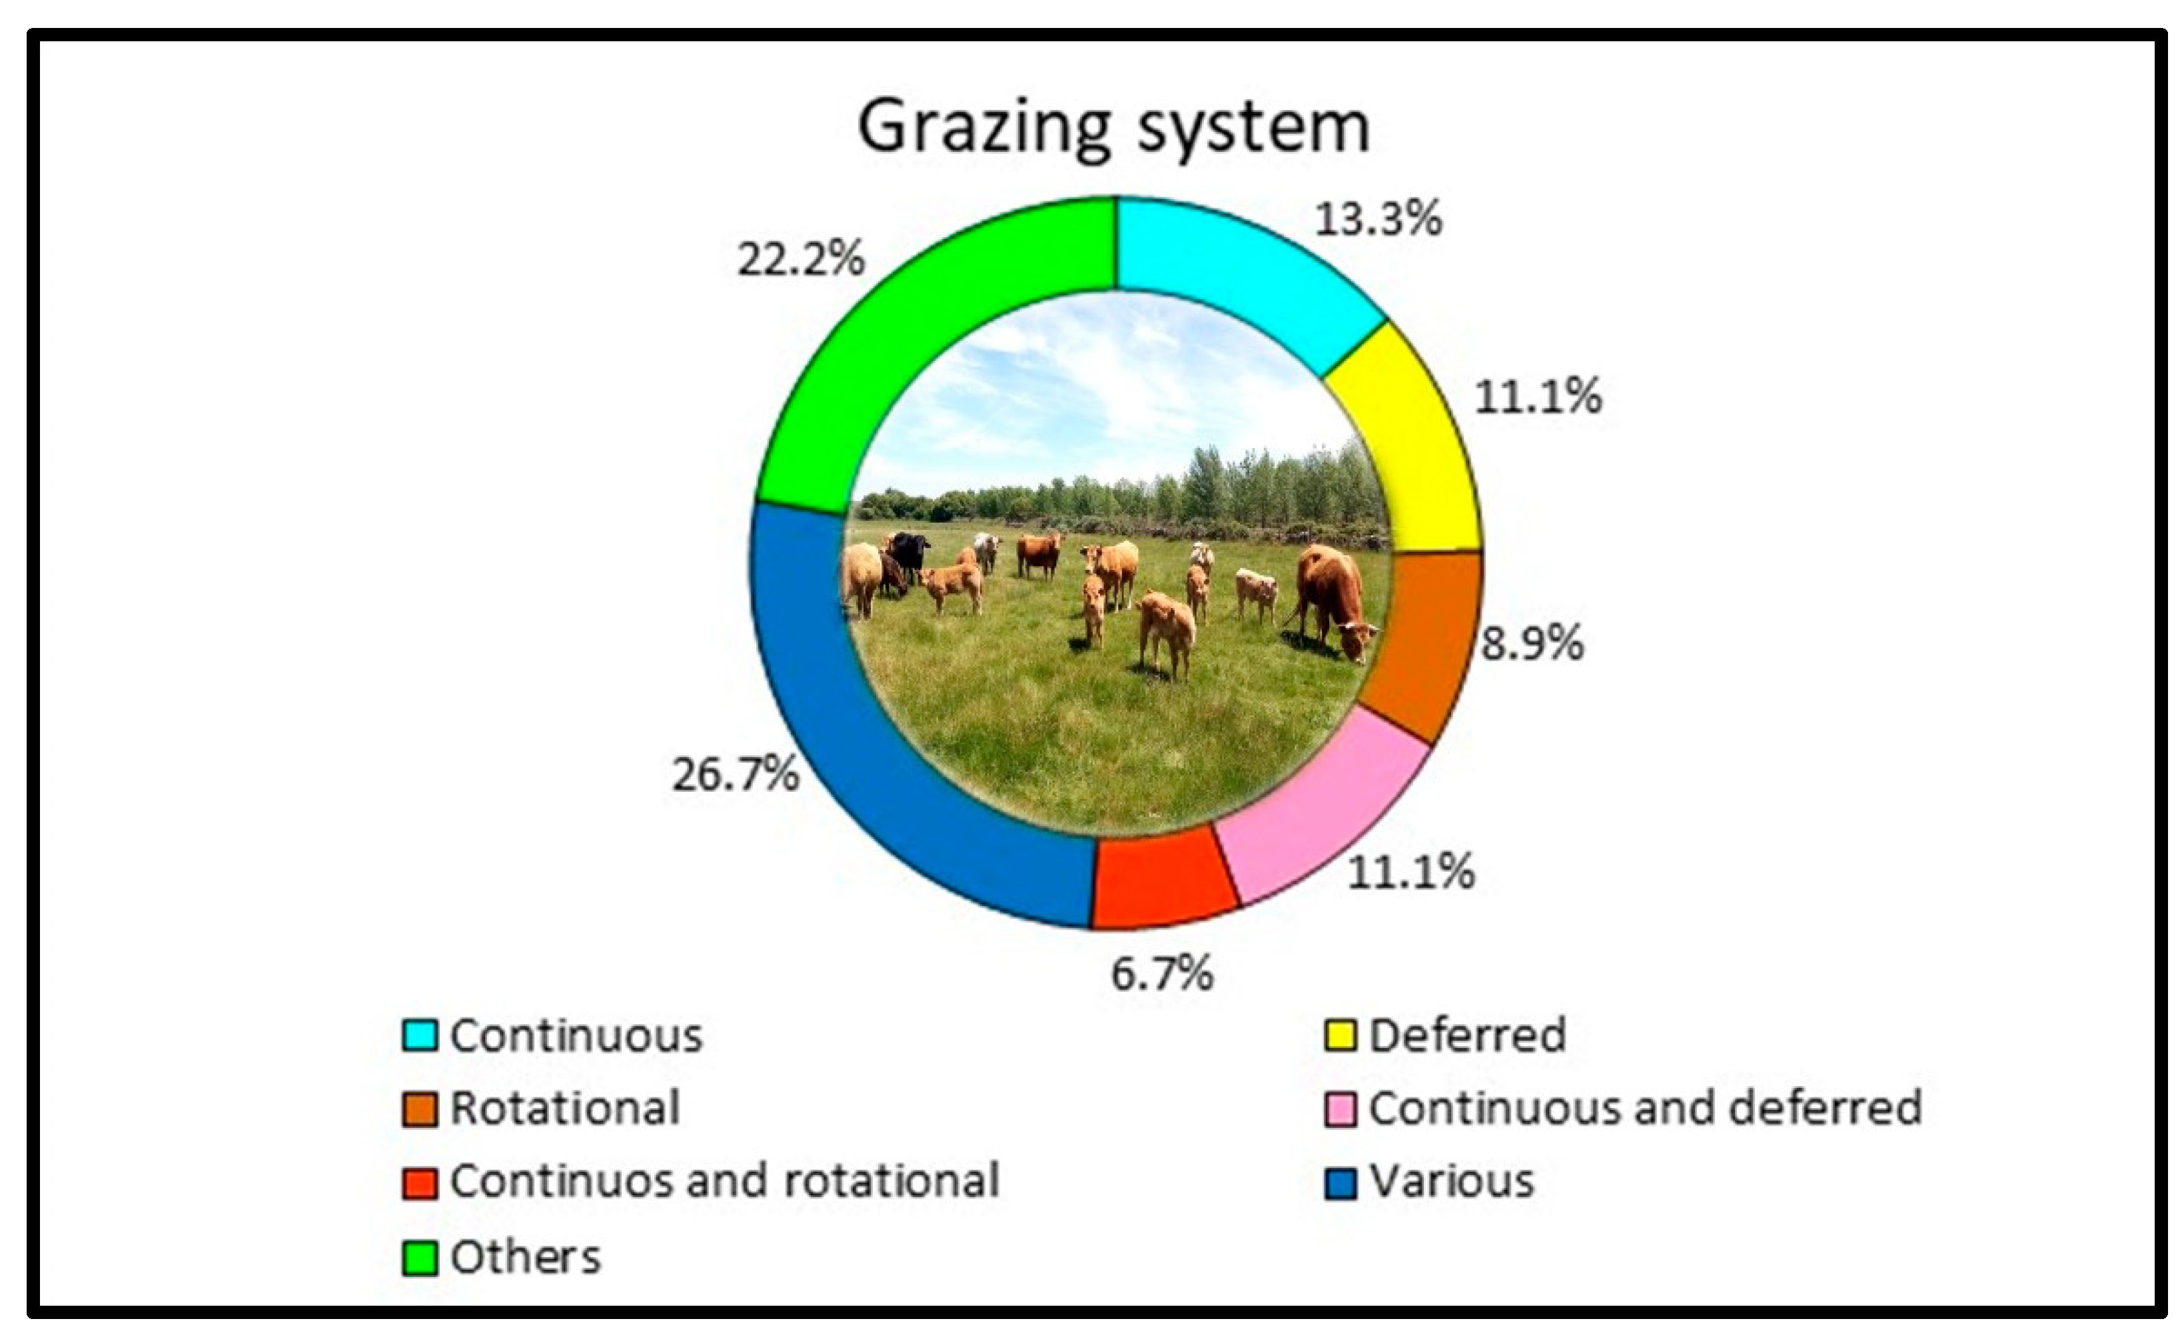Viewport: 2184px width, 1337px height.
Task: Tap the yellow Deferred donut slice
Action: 1409,443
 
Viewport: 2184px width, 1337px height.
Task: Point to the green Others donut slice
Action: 922,337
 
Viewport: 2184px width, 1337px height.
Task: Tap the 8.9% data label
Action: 1532,643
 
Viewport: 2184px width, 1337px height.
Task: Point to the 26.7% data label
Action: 735,774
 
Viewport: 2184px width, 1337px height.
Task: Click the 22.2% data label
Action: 800,260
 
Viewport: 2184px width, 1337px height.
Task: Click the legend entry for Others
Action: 502,1257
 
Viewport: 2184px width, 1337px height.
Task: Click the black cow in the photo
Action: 909,554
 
